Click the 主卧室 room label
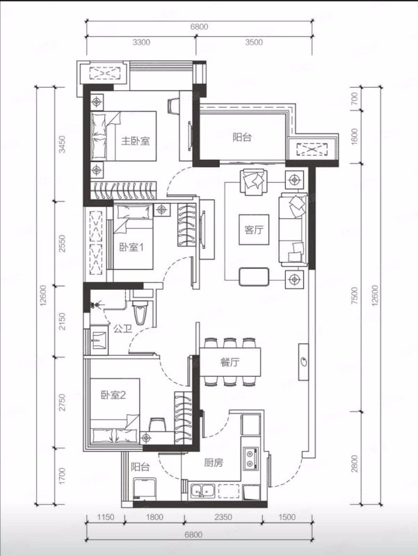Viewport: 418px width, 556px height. [136, 141]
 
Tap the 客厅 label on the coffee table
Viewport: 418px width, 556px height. [254, 230]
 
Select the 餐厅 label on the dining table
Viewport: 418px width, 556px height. [230, 362]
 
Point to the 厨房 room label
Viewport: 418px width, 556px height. [214, 462]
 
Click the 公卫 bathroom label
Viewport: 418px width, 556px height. [123, 329]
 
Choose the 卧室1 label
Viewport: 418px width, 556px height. [131, 247]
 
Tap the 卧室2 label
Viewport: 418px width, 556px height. [113, 395]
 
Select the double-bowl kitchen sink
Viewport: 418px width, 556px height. [202, 491]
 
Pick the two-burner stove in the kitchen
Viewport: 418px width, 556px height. [250, 458]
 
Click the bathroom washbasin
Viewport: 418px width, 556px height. [98, 341]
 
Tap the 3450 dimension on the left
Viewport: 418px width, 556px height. [63, 145]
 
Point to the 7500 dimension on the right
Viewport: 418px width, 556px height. [354, 296]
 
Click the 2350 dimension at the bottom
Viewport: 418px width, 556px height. [223, 517]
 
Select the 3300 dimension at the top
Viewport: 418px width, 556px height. [141, 42]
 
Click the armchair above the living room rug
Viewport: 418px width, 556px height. [254, 182]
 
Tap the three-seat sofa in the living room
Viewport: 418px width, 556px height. [293, 229]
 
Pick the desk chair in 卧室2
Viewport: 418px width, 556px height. [156, 425]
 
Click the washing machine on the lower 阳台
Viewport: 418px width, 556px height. [145, 489]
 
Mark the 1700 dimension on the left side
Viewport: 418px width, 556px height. [63, 476]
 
